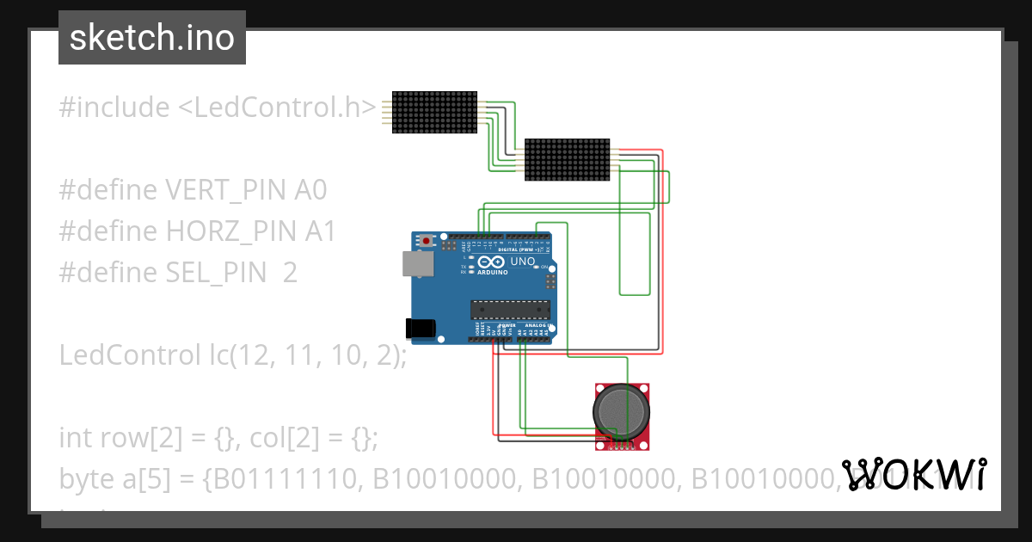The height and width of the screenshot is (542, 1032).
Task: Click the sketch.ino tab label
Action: point(151,38)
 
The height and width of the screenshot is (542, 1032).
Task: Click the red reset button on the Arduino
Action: point(427,241)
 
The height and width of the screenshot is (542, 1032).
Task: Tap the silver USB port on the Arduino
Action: point(416,263)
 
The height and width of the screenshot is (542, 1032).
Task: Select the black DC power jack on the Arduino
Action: point(421,326)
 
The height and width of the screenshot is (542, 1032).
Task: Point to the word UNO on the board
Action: point(523,262)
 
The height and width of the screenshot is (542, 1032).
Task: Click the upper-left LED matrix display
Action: point(434,112)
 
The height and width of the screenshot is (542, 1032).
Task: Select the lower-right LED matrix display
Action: point(568,159)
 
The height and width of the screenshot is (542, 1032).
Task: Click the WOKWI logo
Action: point(913,474)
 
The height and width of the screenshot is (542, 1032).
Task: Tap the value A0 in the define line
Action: point(310,190)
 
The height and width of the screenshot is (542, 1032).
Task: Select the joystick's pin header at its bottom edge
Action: point(620,446)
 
